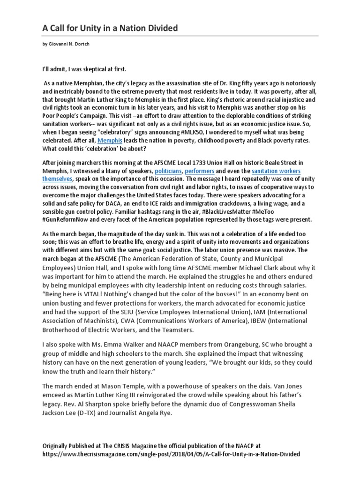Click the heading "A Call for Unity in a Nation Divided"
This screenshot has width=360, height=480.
tap(110, 29)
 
